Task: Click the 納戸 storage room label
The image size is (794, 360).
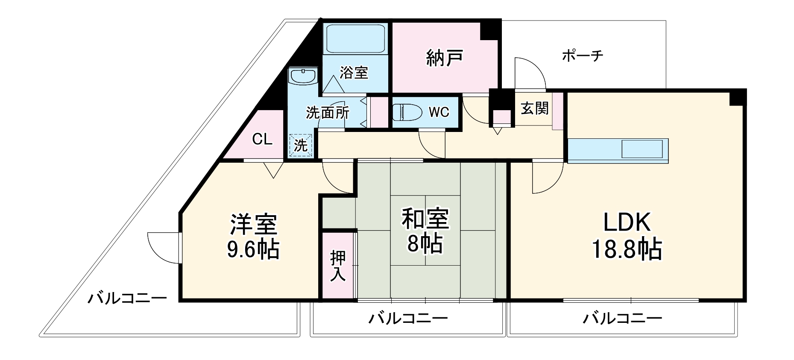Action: [445, 58]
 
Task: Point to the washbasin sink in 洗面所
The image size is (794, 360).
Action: [303, 76]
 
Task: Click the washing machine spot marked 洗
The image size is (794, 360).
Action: [301, 145]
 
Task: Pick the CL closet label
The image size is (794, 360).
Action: [262, 139]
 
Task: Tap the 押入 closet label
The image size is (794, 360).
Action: [338, 266]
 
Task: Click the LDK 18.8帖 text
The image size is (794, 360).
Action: [627, 236]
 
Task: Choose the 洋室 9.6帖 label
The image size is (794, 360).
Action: [253, 236]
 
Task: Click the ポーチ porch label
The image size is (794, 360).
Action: [582, 56]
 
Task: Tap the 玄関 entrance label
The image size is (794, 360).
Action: [534, 108]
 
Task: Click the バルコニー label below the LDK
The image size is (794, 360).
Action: [622, 318]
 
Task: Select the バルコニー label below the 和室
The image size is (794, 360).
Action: [408, 318]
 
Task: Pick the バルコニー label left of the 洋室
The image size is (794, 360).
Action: [127, 298]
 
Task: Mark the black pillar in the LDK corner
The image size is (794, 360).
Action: [737, 97]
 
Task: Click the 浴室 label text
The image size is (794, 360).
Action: [354, 73]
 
